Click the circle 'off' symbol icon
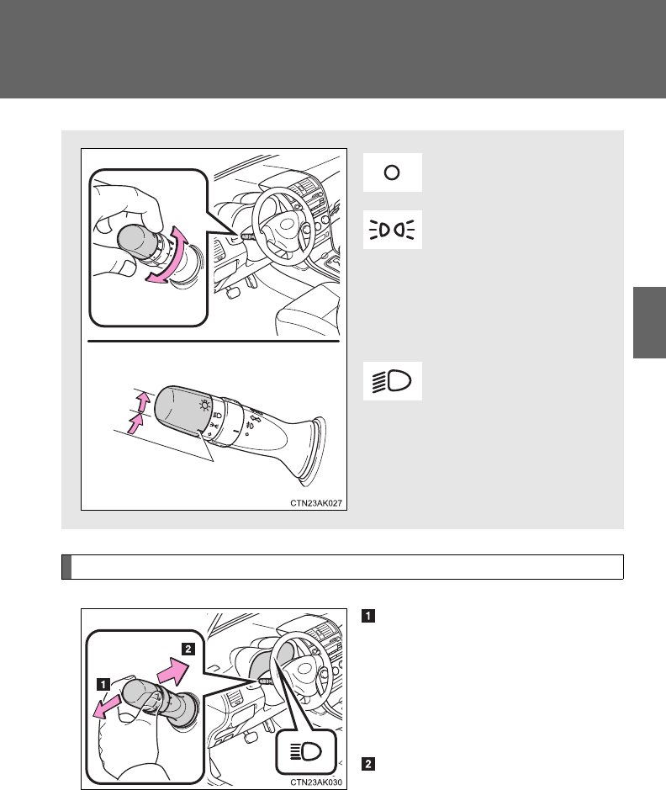[x=392, y=172]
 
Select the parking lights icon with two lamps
[x=392, y=230]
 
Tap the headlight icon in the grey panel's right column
[x=392, y=381]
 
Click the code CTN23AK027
[x=315, y=503]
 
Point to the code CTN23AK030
[x=315, y=782]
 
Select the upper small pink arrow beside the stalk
[x=144, y=401]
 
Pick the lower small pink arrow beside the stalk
[x=136, y=424]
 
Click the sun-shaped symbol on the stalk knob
[x=204, y=406]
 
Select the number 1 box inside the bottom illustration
[x=103, y=685]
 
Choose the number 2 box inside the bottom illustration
[x=188, y=649]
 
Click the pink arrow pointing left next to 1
[x=108, y=707]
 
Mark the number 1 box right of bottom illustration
[x=368, y=616]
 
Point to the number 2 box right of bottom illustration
[x=368, y=764]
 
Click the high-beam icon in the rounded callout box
[x=305, y=751]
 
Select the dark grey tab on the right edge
[x=649, y=322]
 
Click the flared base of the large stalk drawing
[x=309, y=451]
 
